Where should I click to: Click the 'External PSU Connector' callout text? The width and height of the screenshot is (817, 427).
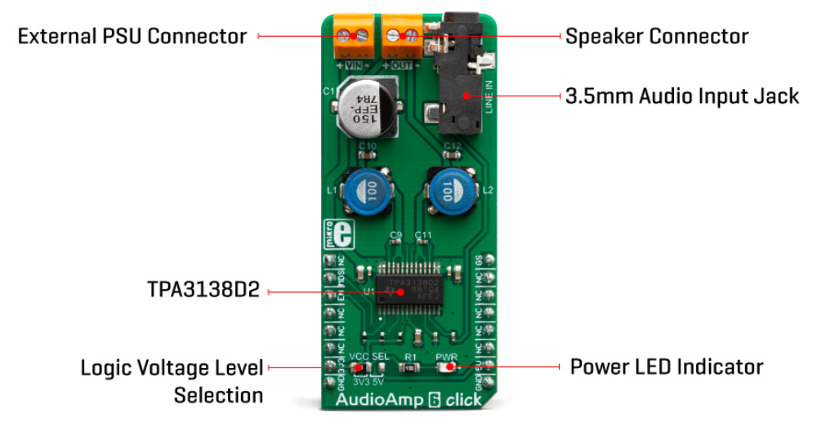pos(132,36)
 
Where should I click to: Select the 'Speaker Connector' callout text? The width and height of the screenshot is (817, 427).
pos(656,36)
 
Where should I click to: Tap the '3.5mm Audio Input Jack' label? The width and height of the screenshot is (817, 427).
pos(681,96)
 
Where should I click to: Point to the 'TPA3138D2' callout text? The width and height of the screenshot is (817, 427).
pos(203,291)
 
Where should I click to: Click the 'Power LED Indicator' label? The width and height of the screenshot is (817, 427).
pos(666,366)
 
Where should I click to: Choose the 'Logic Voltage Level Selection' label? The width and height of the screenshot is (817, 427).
pos(172,381)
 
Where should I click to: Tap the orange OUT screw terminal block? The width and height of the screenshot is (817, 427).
pos(402,33)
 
